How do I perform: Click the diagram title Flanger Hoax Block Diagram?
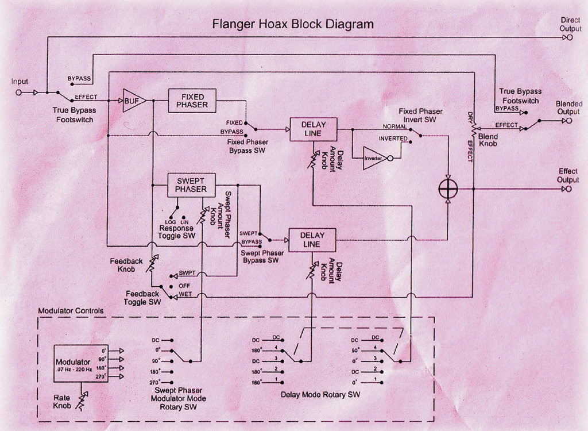coord(293,24)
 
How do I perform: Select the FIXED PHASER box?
coord(192,101)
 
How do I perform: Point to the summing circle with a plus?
coord(447,189)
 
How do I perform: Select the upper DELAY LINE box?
coord(312,129)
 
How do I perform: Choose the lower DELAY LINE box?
coord(312,240)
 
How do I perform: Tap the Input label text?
coord(20,82)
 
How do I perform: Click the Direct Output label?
coord(570,24)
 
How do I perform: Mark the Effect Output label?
coord(568,175)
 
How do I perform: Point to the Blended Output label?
coord(569,107)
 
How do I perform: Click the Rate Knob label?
coord(62,401)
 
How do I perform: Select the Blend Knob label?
coord(489,140)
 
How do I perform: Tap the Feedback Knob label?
coord(126,265)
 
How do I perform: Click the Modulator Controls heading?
coord(71,311)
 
